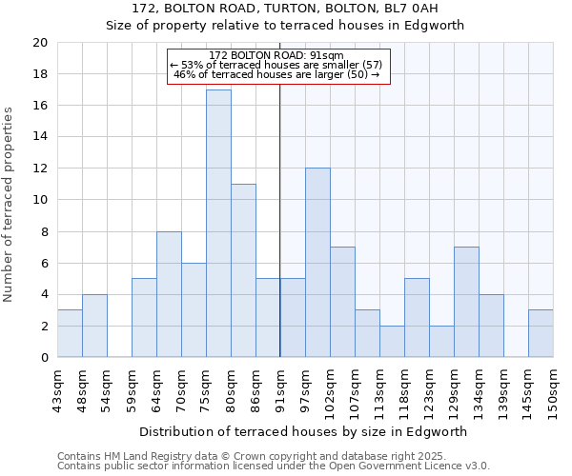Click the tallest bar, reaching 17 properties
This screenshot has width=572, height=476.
218,224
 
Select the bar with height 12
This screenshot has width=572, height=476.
317,263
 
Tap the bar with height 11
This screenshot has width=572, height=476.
243,270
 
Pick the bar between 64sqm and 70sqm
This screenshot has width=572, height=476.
169,294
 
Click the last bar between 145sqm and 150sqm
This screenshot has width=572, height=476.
541,333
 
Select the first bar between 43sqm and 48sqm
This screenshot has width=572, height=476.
70,333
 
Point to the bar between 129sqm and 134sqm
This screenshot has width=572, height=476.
466,302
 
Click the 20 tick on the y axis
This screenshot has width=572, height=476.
40,43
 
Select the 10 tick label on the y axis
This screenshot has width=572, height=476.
40,200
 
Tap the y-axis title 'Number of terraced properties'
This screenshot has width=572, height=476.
10,205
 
